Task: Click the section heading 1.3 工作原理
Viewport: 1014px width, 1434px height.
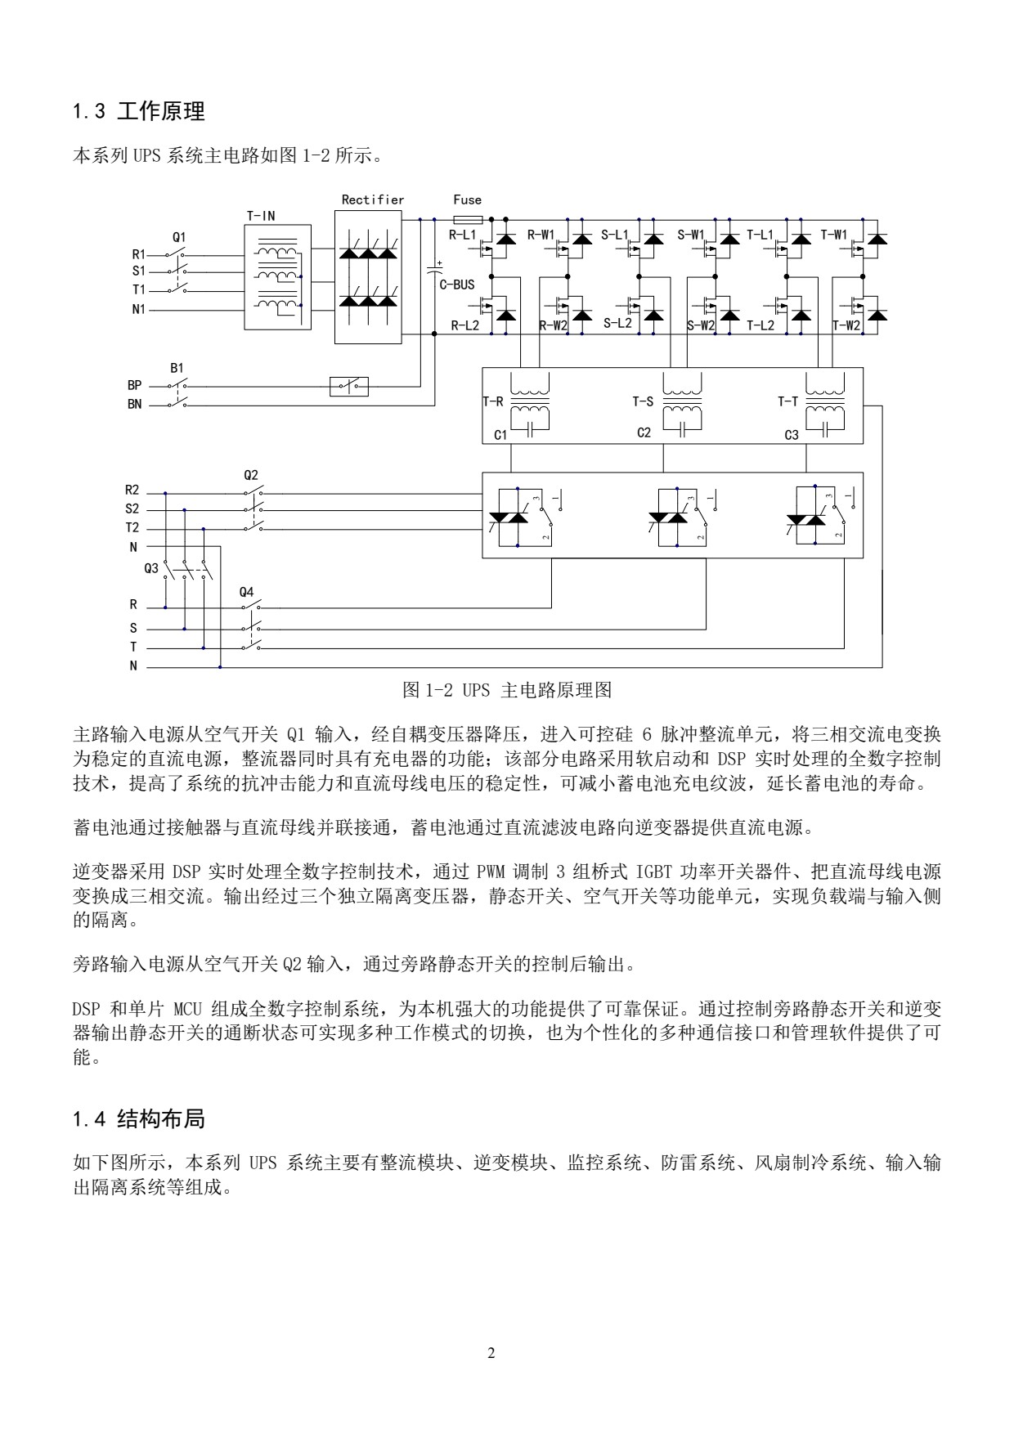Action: tap(139, 111)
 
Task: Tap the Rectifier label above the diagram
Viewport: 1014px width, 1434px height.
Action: tap(373, 199)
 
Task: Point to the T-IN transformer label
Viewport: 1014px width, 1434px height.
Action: tap(261, 216)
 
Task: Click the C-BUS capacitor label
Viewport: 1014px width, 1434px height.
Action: tap(457, 285)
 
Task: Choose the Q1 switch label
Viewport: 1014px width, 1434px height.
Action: tap(178, 236)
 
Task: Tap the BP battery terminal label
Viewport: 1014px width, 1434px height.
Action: tap(134, 385)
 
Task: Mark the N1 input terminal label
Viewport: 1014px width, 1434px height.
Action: tap(137, 310)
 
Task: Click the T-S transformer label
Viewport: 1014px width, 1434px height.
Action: tap(643, 401)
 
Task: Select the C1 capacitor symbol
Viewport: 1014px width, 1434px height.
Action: tap(531, 427)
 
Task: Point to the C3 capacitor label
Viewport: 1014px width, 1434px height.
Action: tap(791, 436)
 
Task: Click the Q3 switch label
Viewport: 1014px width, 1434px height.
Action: tap(151, 567)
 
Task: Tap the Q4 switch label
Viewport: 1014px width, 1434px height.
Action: tap(247, 591)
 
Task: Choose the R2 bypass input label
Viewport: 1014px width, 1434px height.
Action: tap(132, 491)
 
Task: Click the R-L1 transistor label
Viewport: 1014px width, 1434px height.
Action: tap(463, 235)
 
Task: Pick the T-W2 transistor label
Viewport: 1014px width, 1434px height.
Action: tap(846, 325)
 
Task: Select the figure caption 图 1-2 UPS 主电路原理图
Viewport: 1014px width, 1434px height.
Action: tap(507, 690)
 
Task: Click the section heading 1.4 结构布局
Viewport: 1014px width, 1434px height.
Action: tap(139, 1118)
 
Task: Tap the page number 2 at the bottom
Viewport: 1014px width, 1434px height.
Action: tap(491, 1353)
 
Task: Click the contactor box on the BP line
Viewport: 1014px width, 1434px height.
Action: tap(349, 385)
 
